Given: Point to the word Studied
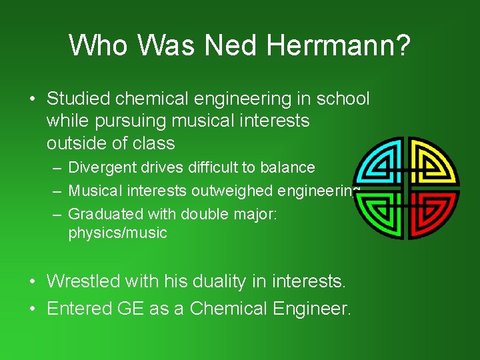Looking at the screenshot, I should tap(78, 99).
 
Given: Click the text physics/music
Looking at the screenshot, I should tap(118, 233).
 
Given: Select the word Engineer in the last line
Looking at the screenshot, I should tap(318, 309).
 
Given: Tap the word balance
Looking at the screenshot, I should tap(290, 167).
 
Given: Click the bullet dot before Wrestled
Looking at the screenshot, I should tap(33, 281).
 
